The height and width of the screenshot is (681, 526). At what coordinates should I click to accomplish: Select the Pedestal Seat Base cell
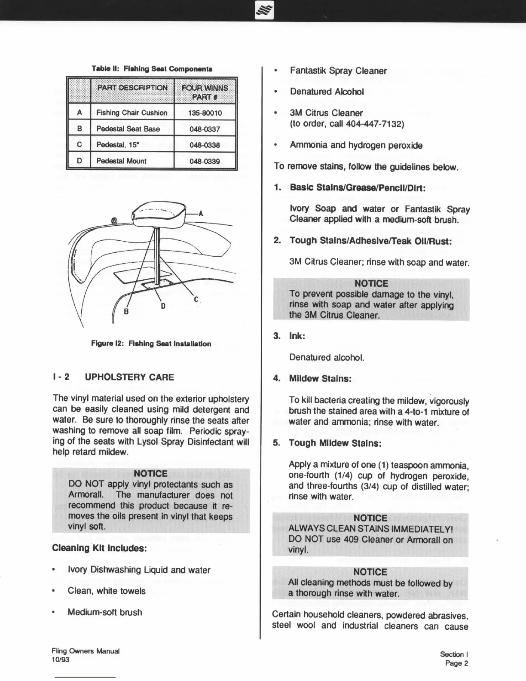point(128,129)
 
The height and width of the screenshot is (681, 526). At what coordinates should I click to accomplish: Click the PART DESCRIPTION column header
point(132,88)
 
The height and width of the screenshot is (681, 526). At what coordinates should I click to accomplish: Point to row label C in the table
point(80,145)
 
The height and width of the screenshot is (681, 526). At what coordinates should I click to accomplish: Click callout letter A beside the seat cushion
point(201,214)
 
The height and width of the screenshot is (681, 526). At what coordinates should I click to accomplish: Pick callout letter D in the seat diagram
point(163,306)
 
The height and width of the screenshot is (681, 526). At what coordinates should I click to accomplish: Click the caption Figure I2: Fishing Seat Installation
point(151,344)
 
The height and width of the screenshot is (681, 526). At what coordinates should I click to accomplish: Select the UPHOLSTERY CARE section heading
point(129,377)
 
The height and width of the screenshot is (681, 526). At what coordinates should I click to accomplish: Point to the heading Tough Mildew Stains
point(335,443)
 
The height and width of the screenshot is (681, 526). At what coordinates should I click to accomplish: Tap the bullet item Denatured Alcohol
point(327,92)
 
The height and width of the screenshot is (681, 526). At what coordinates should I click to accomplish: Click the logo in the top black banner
point(263,11)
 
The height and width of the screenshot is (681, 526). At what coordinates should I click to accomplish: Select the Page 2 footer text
point(456,663)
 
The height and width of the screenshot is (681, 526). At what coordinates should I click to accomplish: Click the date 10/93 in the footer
point(60,660)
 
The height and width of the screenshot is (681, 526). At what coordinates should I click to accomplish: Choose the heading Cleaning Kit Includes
point(100,548)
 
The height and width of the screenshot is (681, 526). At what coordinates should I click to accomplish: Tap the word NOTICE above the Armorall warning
point(151,473)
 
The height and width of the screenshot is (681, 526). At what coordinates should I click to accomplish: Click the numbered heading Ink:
point(297,336)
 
